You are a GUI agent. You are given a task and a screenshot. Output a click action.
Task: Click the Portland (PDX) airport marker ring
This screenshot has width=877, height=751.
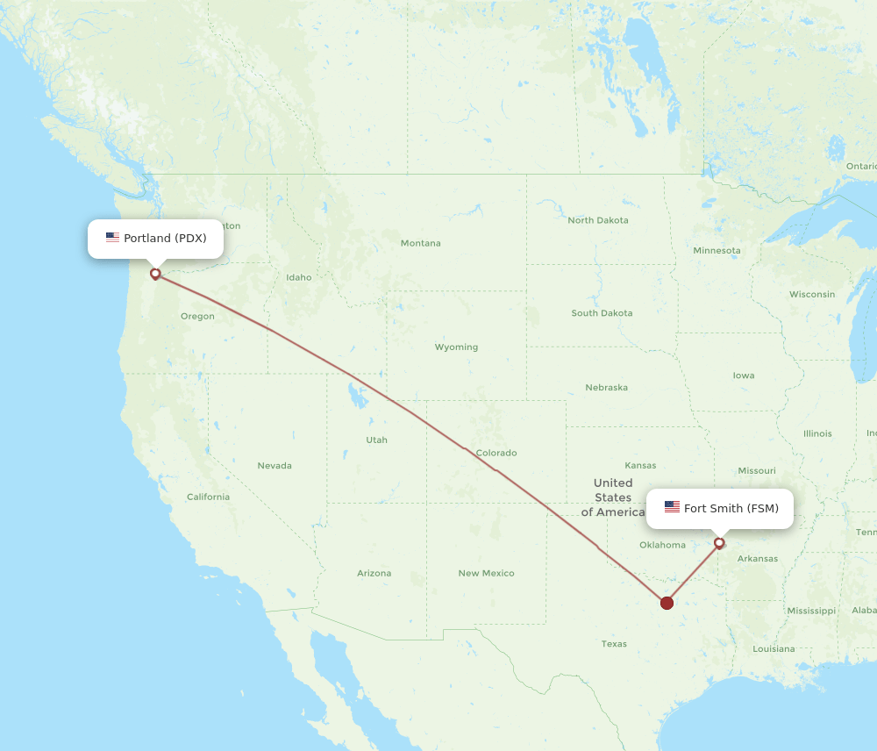click(155, 274)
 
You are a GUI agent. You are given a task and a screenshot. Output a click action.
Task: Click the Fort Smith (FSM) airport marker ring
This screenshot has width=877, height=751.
click(719, 543)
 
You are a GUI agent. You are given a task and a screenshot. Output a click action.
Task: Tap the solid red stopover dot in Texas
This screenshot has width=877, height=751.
click(667, 603)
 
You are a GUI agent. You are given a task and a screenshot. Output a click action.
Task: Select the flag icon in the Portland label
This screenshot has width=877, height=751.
click(112, 238)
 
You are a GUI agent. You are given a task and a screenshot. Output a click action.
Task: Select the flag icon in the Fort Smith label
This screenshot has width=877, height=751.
click(672, 507)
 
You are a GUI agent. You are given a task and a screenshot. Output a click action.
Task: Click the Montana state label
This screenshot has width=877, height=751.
click(421, 243)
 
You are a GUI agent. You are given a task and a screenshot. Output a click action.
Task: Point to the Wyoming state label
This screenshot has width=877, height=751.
click(456, 347)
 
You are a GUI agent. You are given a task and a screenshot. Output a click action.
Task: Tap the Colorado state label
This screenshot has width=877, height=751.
click(496, 454)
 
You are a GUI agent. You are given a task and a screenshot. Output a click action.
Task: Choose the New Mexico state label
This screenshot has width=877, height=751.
click(486, 574)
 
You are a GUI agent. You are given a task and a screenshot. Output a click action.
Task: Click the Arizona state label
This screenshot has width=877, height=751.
click(374, 574)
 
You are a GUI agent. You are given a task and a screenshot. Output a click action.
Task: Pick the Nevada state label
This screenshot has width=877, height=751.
click(275, 466)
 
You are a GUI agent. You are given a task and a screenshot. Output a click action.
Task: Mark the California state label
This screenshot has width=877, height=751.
click(208, 497)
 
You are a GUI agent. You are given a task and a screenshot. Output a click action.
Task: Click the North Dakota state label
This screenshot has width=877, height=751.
click(598, 220)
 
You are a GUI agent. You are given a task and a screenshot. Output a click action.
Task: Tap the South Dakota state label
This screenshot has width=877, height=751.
click(602, 313)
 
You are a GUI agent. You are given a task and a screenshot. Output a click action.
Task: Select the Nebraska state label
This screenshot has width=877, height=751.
click(606, 388)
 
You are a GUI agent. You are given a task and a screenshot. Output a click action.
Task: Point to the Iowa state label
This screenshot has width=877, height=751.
click(744, 375)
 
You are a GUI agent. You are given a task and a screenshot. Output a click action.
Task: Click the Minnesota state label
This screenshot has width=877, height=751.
click(717, 251)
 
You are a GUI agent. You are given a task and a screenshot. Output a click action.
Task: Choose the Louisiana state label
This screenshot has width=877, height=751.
click(774, 649)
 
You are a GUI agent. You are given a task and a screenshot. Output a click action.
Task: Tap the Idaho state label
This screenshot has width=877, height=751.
click(298, 277)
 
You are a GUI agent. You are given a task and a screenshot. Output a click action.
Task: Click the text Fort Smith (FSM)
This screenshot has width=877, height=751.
click(731, 508)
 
